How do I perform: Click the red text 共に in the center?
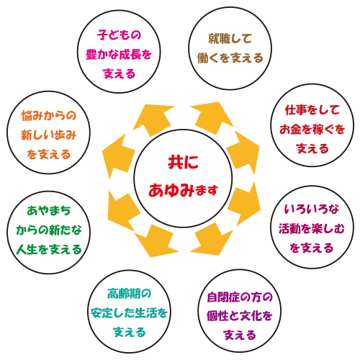coord(183,162)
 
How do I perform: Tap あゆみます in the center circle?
coord(183,190)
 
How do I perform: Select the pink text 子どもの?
coord(119,35)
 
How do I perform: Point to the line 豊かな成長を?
coord(119,54)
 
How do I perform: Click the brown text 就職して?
coord(230,38)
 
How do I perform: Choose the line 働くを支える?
coord(230,58)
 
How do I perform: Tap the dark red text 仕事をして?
coord(312,110)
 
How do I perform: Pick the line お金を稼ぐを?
coord(312,130)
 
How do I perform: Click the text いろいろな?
coord(312,209)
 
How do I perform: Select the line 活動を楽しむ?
coord(312,228)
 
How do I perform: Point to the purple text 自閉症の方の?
coord(240,297)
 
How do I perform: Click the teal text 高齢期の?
coord(129,293)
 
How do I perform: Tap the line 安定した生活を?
coord(129,312)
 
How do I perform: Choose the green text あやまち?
coord(49,211)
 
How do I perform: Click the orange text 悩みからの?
coord(49,116)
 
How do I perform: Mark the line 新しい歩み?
coord(49,135)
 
